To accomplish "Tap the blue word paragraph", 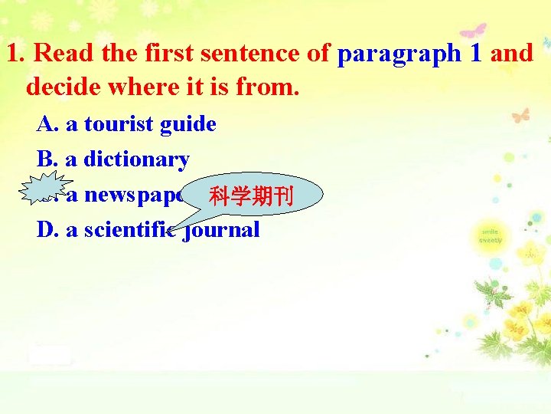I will pyautogui.click(x=398, y=54).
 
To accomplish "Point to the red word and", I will pyautogui.click(x=512, y=54).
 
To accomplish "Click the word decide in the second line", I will pyautogui.click(x=62, y=87).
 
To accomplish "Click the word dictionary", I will pyautogui.click(x=136, y=159).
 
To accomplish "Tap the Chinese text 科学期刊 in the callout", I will pyautogui.click(x=241, y=197).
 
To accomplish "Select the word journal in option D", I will pyautogui.click(x=222, y=230).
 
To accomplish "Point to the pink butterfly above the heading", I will pyautogui.click(x=471, y=31).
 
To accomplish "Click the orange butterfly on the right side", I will pyautogui.click(x=520, y=115).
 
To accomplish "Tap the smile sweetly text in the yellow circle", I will pyautogui.click(x=491, y=235).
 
